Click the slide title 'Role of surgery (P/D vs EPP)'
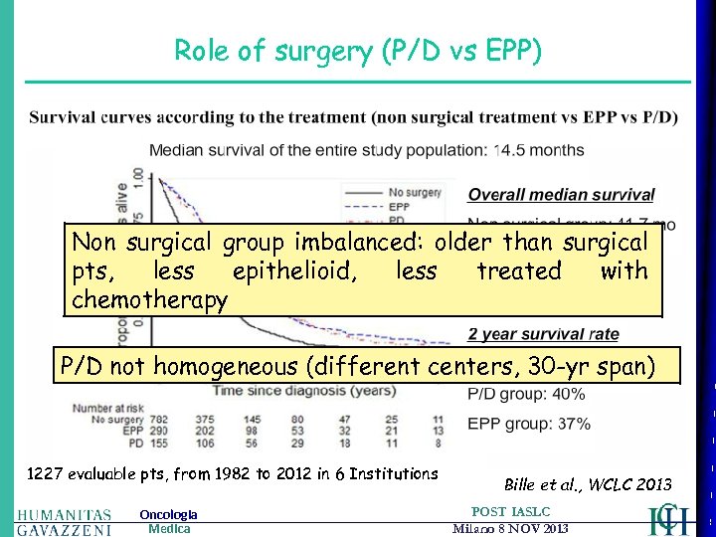pyautogui.click(x=358, y=51)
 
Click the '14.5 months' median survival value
pyautogui.click(x=539, y=150)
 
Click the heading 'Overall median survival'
pyautogui.click(x=561, y=196)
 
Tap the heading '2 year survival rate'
pyautogui.click(x=543, y=334)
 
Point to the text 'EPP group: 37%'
pyautogui.click(x=528, y=424)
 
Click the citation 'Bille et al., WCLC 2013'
pyautogui.click(x=588, y=484)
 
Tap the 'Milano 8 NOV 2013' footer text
pyautogui.click(x=510, y=528)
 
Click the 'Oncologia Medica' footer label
pyautogui.click(x=168, y=521)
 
